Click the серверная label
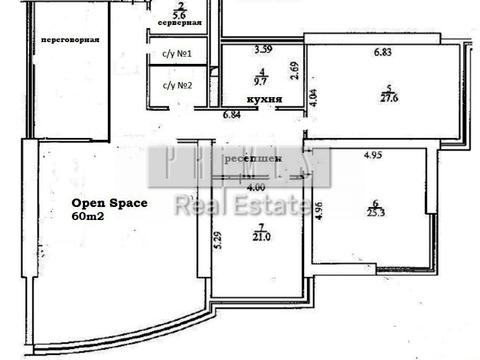coord(181,22)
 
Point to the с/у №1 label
coord(176,54)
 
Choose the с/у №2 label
coord(176,85)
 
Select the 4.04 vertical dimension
coord(313,98)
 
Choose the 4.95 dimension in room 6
coord(373,155)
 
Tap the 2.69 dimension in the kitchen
coord(295,70)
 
